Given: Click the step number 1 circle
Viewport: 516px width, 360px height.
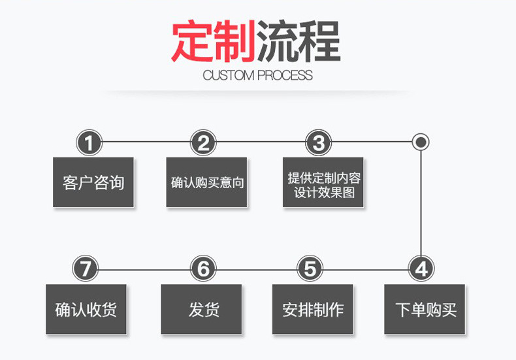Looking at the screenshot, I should point(89,142).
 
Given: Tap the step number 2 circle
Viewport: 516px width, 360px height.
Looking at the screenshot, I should point(204,142).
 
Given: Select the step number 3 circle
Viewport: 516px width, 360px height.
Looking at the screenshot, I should point(318,142).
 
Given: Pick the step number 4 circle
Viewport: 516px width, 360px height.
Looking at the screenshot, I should point(421,269).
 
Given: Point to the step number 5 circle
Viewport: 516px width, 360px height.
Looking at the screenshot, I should point(310,269).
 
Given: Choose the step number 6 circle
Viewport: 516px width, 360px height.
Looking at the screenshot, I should point(203,269).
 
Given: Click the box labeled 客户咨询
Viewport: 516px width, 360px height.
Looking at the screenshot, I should point(93,182).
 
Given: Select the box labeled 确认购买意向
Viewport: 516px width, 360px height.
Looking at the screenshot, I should point(206,182).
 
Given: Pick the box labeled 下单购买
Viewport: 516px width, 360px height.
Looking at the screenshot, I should point(425,309).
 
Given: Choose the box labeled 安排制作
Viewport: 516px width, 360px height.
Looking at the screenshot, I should point(313,309).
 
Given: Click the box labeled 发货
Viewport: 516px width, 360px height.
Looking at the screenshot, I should point(203,309).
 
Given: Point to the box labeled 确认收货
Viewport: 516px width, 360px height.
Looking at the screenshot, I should point(86,309).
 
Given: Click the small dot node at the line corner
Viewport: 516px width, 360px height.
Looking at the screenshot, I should point(421,142).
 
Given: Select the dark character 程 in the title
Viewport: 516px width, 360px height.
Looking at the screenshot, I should point(319,42).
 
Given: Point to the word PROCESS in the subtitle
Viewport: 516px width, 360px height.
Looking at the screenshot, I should point(285,75).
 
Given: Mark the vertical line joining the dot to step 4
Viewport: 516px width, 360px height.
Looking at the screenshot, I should point(421,203).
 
